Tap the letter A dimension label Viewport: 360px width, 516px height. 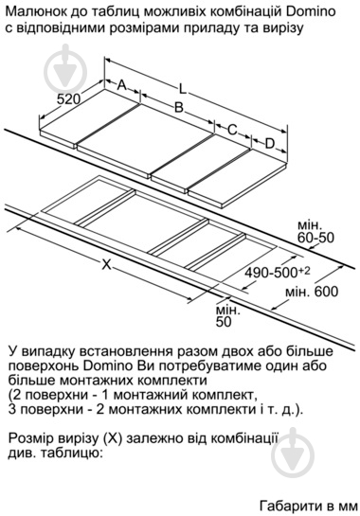122,85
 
